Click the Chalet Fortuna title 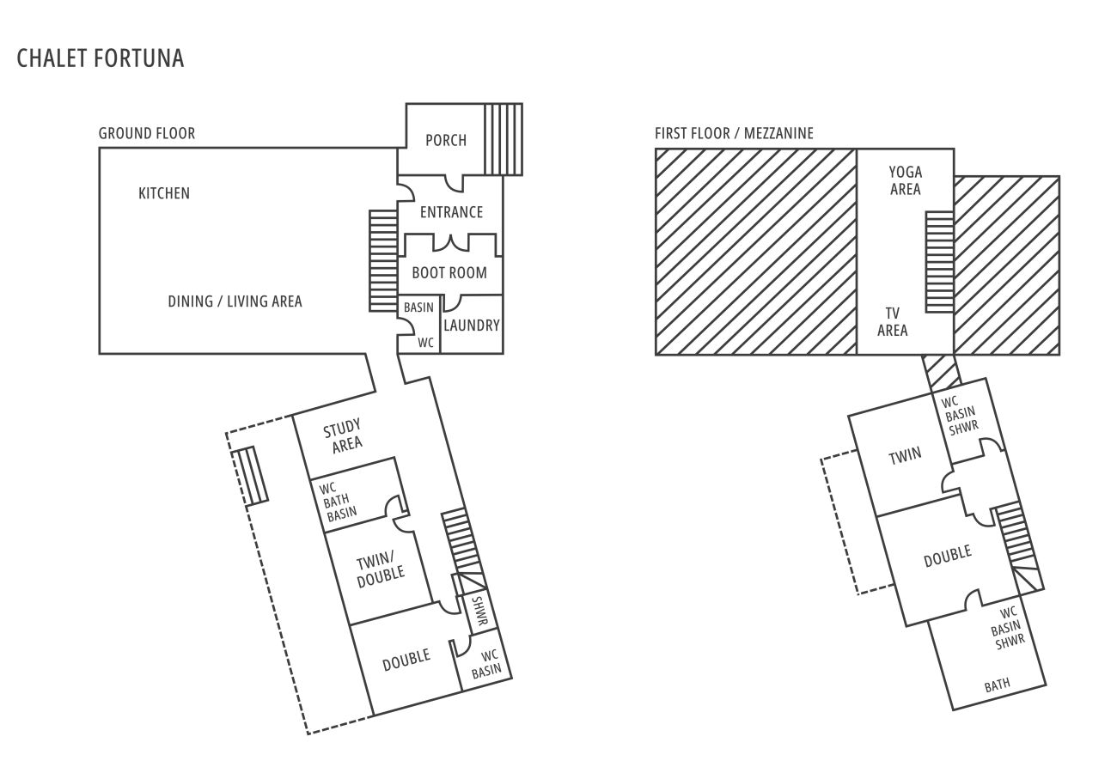(101, 58)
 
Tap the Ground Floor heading (147, 133)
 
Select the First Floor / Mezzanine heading (734, 133)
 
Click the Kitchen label (164, 193)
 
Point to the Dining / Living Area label (235, 301)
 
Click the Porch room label (446, 140)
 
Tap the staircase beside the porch (504, 139)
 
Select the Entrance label (451, 212)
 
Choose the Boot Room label (449, 273)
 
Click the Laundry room (472, 326)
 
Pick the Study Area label (343, 435)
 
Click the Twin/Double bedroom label (380, 569)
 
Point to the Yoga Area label (906, 180)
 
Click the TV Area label (893, 322)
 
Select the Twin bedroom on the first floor (905, 454)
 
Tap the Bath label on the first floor (998, 685)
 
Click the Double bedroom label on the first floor (947, 557)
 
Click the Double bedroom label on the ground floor (406, 658)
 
